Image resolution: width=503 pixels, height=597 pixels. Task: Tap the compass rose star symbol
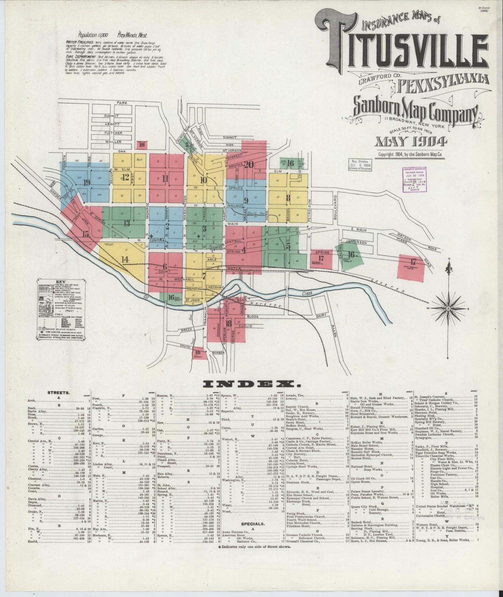click(449, 308)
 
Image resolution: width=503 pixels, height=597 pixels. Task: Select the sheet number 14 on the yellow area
click(125, 259)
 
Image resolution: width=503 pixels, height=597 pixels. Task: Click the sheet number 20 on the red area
click(249, 164)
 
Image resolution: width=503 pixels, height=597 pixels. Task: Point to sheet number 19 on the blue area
click(86, 183)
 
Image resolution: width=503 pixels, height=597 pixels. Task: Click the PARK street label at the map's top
click(122, 103)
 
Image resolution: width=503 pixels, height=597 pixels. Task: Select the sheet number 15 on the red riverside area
click(85, 234)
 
